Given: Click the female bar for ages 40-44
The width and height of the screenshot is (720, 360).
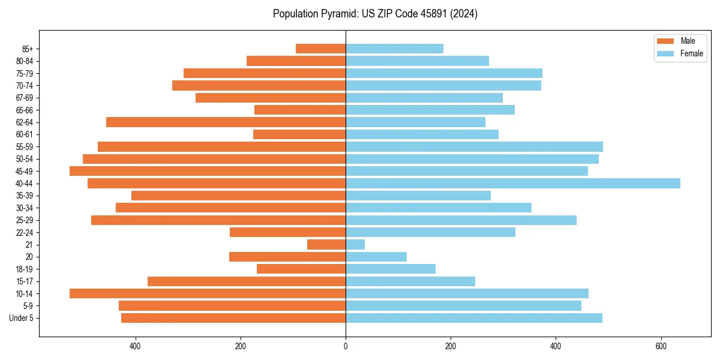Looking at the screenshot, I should coord(513,183).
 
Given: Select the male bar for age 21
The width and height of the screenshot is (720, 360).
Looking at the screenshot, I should coord(326,245).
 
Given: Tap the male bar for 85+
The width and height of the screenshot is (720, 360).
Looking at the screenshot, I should coord(321,49).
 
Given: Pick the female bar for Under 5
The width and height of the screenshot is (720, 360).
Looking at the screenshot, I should coord(474,318).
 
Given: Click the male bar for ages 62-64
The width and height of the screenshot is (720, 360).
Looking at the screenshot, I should coord(226,122).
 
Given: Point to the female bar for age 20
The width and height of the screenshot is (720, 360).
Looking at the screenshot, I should coord(376,257).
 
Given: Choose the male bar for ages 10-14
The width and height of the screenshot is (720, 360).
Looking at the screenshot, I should coord(208,293).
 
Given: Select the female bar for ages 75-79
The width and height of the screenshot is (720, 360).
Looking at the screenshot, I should coord(444,73).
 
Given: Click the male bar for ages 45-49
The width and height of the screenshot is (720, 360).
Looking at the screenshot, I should coord(208,171).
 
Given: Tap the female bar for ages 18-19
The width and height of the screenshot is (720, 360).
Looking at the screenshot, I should coord(391,269).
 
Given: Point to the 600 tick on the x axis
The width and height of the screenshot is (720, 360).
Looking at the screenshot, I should coord(661,346).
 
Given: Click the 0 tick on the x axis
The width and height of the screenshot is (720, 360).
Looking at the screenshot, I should coord(346,346).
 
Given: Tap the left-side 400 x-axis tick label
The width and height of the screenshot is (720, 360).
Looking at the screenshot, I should coord(135,346).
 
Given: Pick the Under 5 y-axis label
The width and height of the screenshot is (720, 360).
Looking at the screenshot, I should coord(22,318).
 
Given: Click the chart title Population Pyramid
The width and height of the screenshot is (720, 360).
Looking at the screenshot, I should coord(375,14).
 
